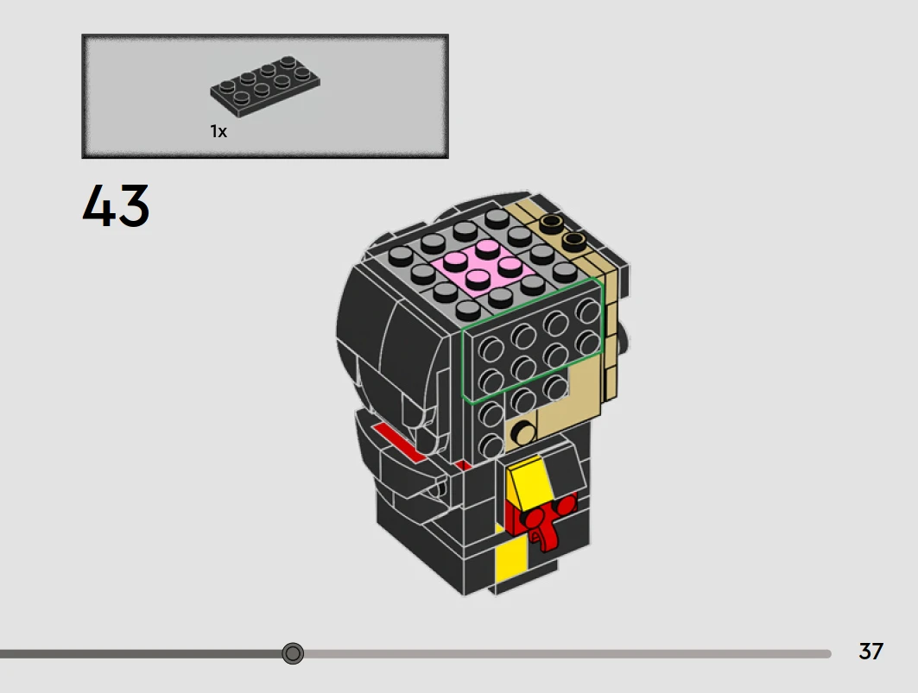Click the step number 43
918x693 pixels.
point(116,205)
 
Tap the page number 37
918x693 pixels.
point(871,652)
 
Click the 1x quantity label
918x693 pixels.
point(218,132)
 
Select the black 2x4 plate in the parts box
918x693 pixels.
point(265,86)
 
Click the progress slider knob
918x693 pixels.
point(293,652)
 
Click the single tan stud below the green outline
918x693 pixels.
point(522,433)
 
